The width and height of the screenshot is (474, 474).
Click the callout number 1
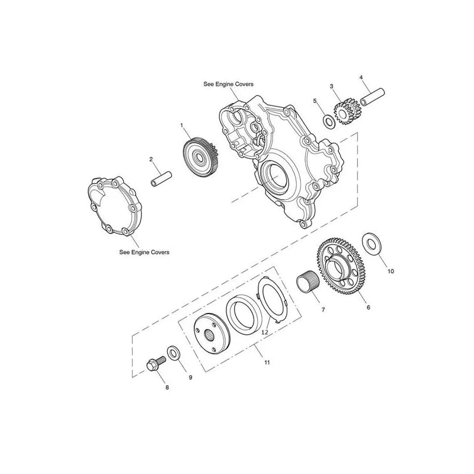coord(182,125)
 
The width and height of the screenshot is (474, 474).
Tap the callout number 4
coord(361,78)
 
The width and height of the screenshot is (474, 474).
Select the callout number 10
coord(390,271)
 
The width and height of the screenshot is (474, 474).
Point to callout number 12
coord(264,332)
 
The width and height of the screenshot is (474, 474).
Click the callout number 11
coord(267,362)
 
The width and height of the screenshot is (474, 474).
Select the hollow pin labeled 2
coord(161,179)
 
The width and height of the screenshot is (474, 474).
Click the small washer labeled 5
coord(328,121)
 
